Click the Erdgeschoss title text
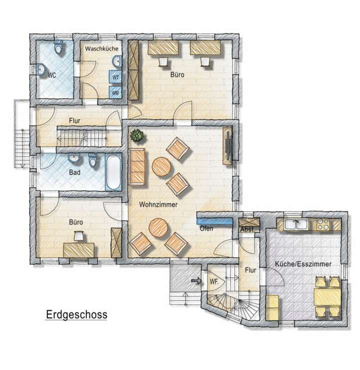pos(76,315)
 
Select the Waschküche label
pos(100,49)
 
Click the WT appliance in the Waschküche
pos(115,78)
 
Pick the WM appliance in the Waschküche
pos(115,93)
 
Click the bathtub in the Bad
pos(113,172)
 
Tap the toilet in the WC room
pos(59,49)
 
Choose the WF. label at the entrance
pos(214,281)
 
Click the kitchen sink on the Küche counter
pos(298,224)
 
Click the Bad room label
pos(75,174)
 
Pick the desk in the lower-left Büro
pos(79,249)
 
